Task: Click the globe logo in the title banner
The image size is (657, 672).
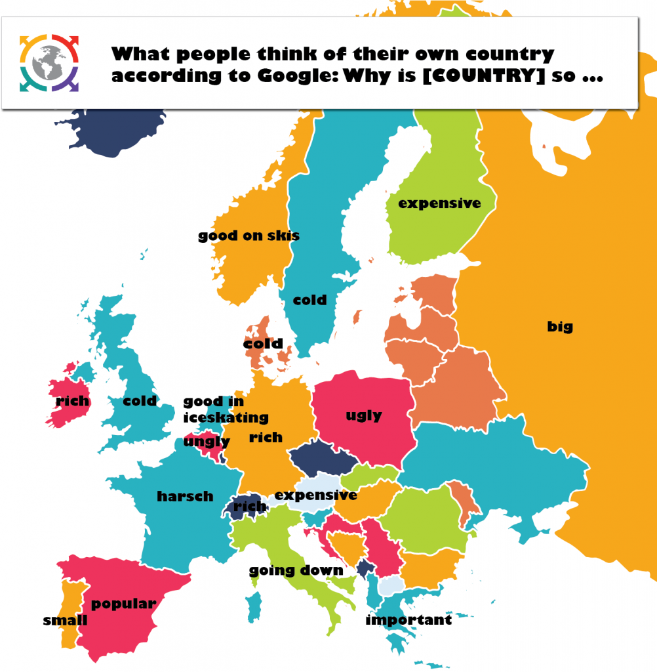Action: coord(50,63)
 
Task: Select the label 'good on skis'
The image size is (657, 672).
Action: coord(249,236)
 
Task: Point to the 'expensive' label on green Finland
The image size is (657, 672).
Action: coord(439,203)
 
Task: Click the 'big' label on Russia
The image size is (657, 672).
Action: coord(560,326)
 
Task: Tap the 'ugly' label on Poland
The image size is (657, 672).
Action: coord(363,415)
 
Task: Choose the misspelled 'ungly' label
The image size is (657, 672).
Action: coord(207,442)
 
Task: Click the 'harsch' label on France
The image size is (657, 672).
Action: coord(185,497)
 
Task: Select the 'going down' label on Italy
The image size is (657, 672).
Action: coord(296,570)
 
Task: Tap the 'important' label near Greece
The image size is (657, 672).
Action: coord(408,619)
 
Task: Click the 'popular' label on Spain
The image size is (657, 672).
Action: coord(123,604)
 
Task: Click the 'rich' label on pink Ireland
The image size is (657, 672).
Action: coord(72,401)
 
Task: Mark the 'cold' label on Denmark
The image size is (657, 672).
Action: coord(263,343)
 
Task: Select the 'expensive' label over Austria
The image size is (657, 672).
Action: coord(315,495)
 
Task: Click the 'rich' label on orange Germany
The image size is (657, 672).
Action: coord(266,437)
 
